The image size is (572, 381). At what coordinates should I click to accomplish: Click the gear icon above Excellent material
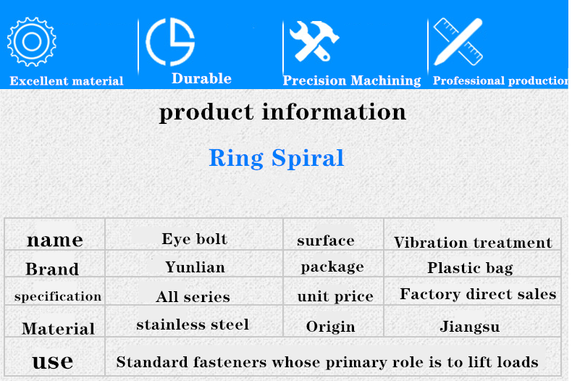[32, 42]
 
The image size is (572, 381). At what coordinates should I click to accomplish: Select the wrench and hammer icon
[314, 41]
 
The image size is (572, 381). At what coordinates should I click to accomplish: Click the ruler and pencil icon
[458, 41]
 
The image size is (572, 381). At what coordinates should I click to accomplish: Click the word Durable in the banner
[201, 78]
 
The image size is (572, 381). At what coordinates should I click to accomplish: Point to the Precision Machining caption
[352, 80]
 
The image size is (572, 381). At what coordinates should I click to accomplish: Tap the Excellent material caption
[67, 80]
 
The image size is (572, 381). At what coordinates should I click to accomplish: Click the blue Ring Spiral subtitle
[276, 158]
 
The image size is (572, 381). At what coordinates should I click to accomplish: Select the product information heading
[282, 112]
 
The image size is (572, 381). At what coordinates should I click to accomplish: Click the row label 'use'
[53, 361]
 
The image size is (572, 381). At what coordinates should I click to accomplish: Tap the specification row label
[58, 296]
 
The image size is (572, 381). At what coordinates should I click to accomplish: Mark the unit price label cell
[335, 296]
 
